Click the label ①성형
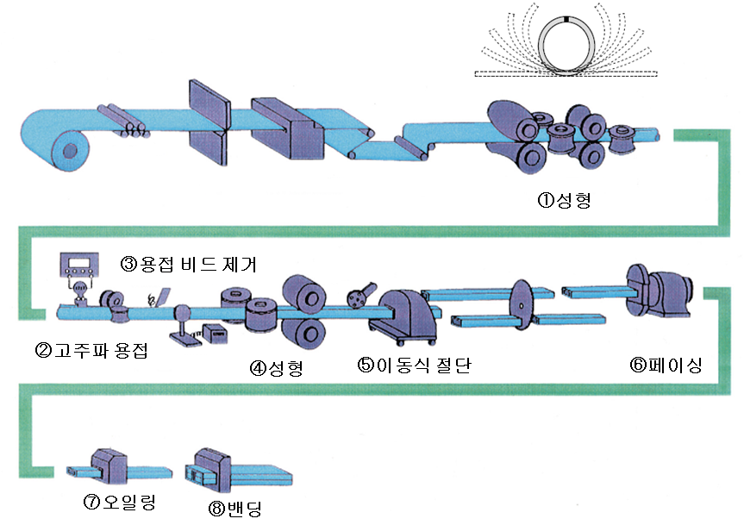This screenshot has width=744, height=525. coord(564,202)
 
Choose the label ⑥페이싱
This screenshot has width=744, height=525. coord(666,365)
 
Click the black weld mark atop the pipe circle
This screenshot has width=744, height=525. coord(566,17)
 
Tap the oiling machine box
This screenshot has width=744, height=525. coord(107,464)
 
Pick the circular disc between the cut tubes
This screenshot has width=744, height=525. coord(520,304)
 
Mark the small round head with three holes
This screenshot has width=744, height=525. coord(355,297)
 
